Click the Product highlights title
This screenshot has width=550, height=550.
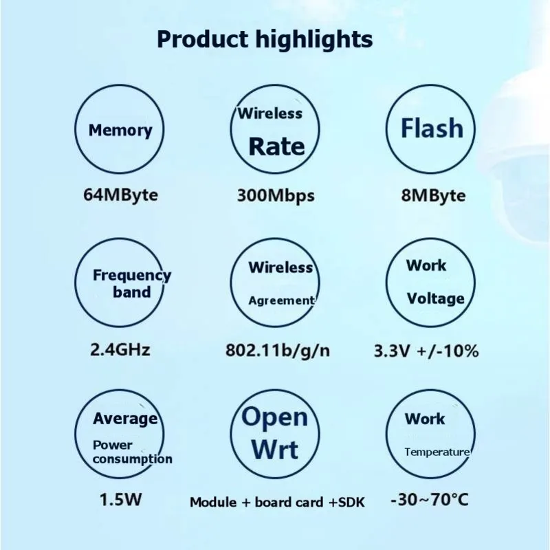[x=265, y=39]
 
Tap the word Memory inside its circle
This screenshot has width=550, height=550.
[x=120, y=130]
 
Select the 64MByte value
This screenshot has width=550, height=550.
[x=120, y=195]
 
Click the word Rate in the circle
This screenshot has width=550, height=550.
[x=276, y=146]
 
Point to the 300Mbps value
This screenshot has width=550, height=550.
[x=276, y=195]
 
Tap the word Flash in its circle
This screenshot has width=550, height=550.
[x=432, y=128]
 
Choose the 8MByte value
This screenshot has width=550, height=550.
[x=433, y=195]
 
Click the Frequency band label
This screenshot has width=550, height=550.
[x=131, y=283]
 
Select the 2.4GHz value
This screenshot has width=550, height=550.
[x=120, y=349]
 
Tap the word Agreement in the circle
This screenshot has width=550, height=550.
[x=280, y=300]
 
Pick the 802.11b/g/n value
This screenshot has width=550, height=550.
[x=278, y=350]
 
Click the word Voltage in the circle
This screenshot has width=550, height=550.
[x=435, y=298]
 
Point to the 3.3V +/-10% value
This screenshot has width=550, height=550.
[x=426, y=351]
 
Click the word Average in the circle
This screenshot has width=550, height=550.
[x=125, y=419]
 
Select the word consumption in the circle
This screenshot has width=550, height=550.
[x=133, y=459]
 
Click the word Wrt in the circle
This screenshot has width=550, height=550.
[x=274, y=450]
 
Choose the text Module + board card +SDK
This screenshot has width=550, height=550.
[x=277, y=502]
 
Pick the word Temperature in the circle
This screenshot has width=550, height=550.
[x=437, y=452]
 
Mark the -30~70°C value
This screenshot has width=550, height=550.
[x=429, y=500]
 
